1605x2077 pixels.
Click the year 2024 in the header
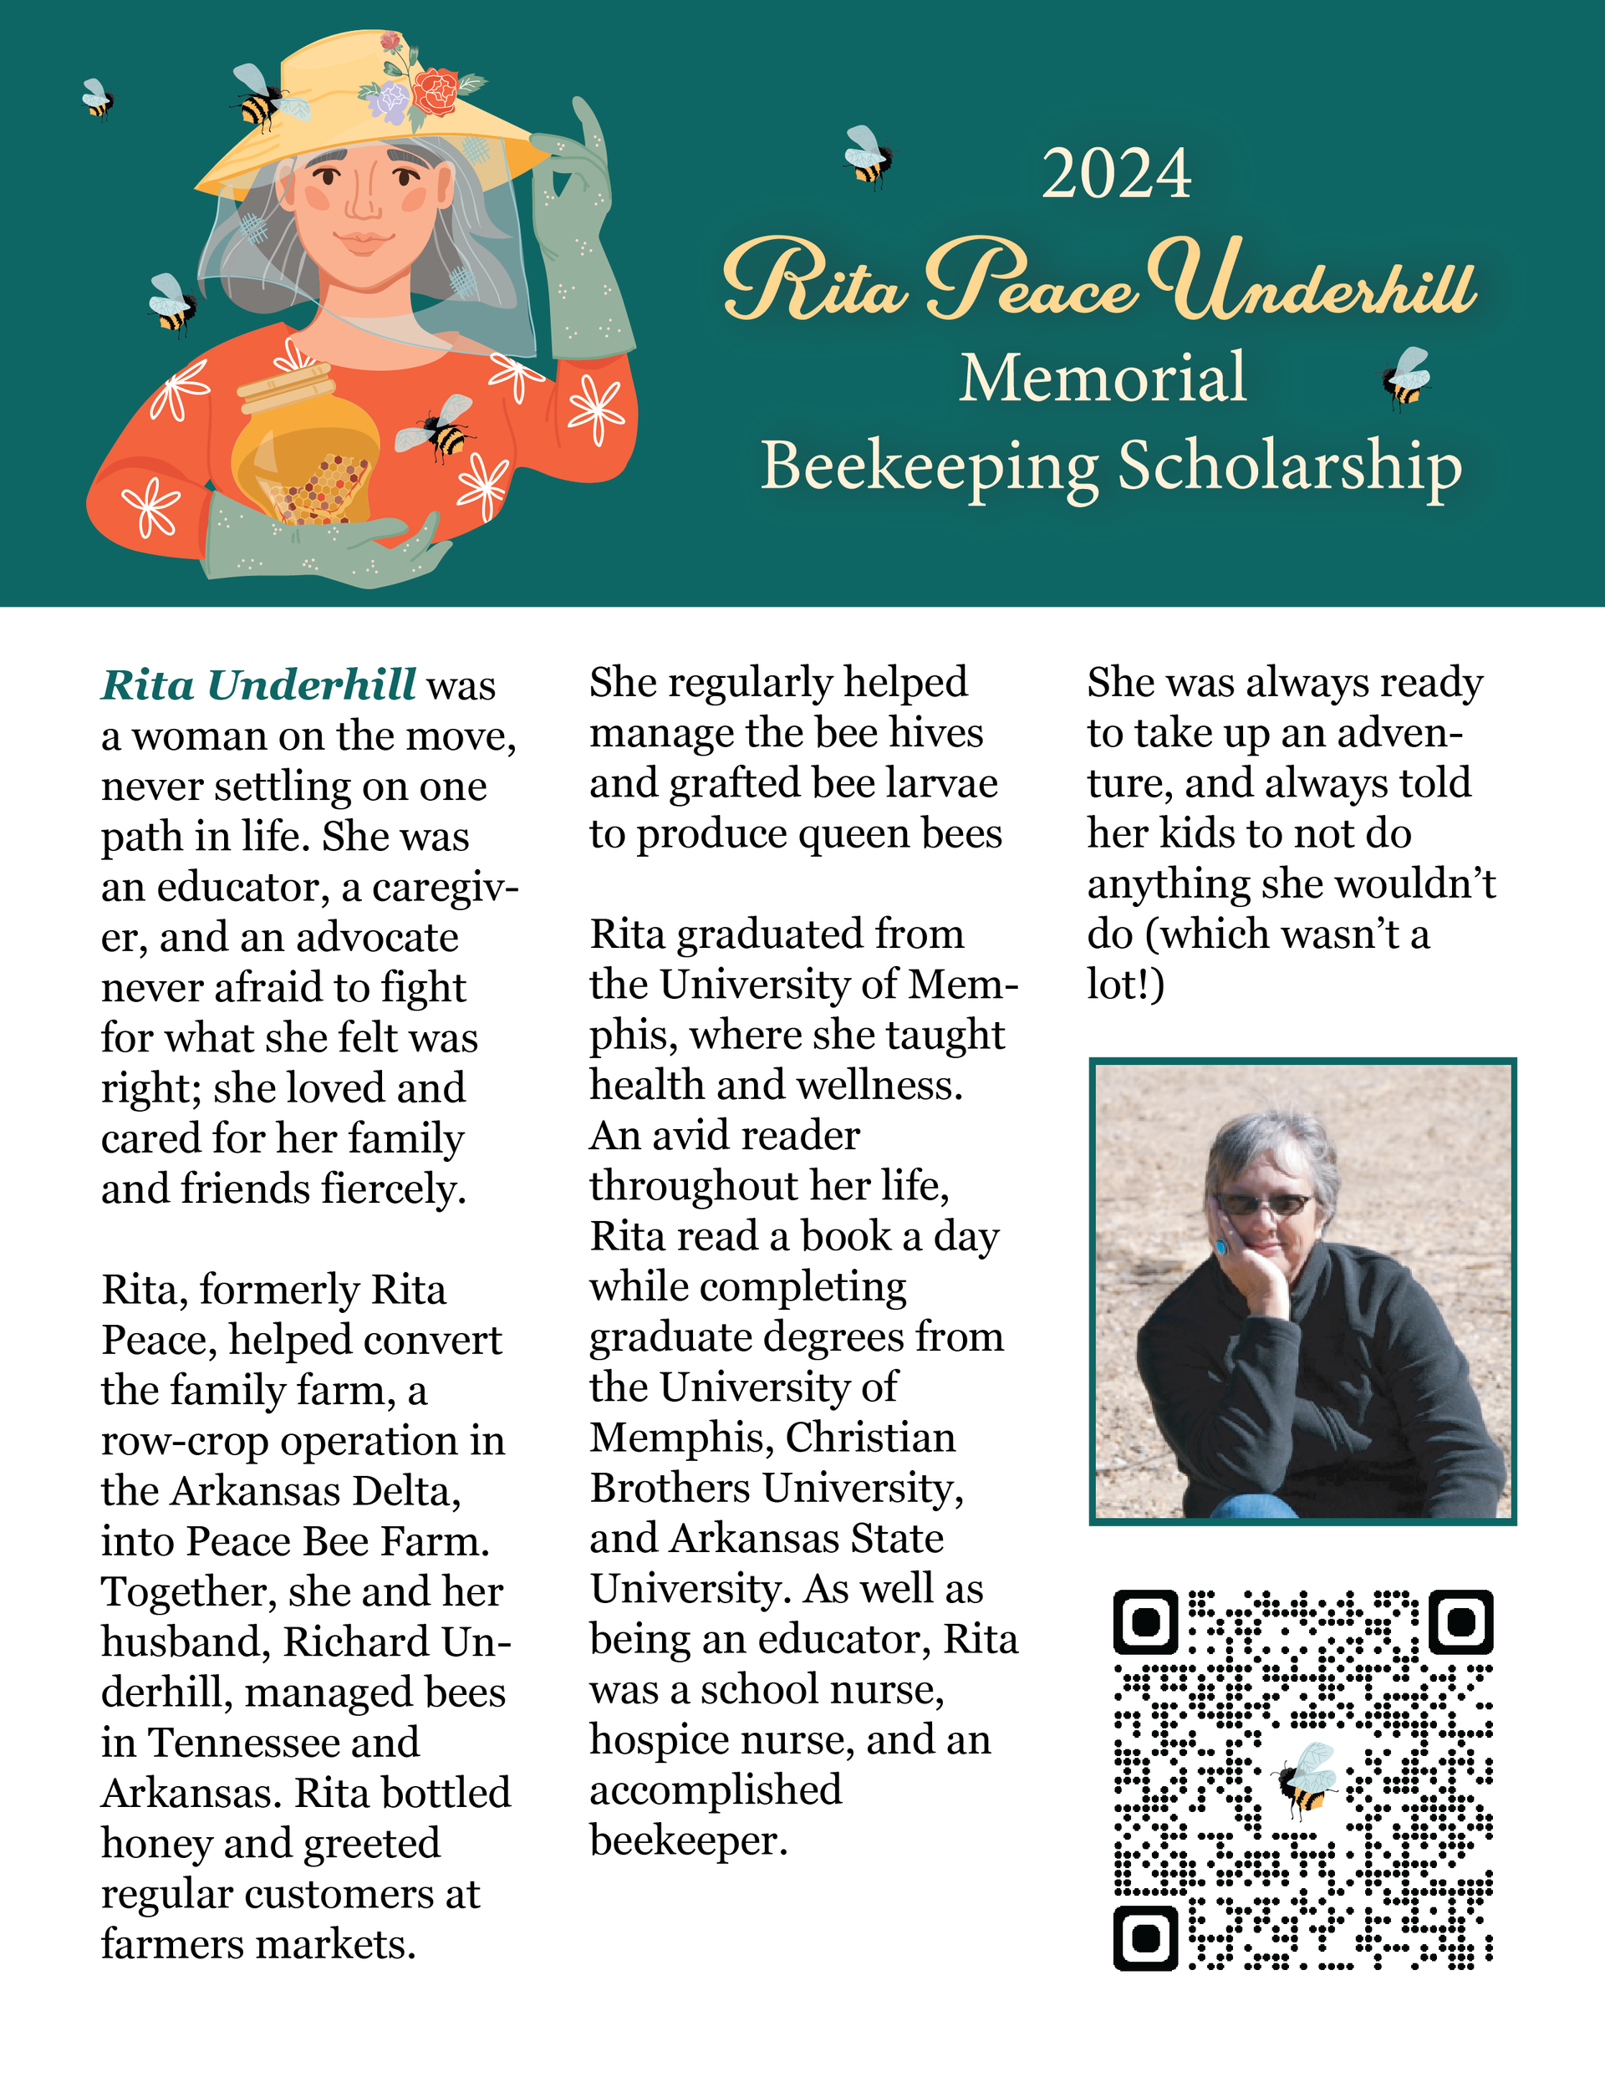(1115, 174)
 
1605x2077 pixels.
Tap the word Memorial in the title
(1102, 378)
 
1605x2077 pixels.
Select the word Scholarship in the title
(1289, 466)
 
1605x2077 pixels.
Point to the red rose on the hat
(436, 91)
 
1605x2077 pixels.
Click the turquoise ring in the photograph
(1220, 1246)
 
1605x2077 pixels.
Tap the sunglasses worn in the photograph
(1266, 1204)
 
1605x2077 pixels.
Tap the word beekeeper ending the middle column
(688, 1841)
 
